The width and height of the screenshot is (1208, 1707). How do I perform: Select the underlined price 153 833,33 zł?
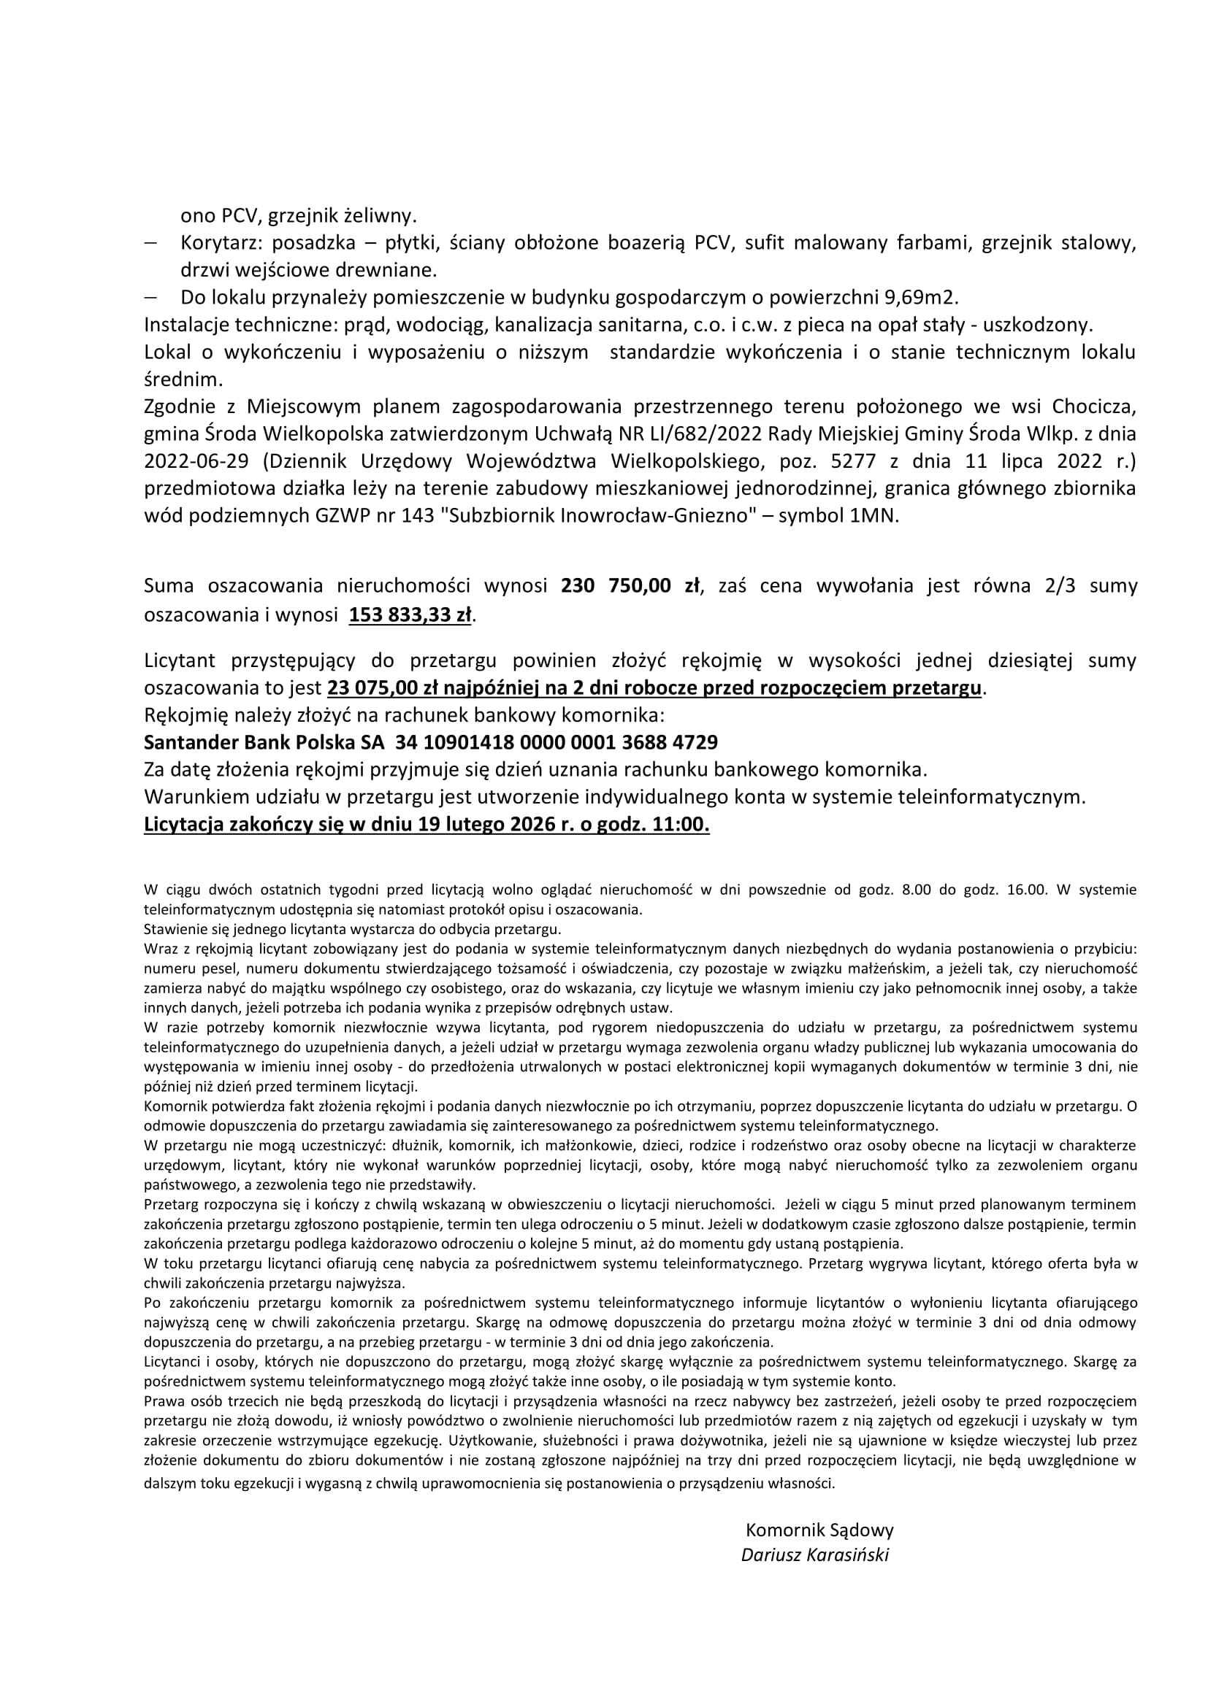coord(410,616)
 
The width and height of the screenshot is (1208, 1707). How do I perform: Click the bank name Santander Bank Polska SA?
coord(264,742)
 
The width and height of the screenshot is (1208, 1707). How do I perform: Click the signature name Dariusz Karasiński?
coord(814,1554)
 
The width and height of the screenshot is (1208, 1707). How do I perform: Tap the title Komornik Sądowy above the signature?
coord(819,1530)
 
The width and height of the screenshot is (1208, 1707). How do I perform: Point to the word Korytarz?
coord(218,243)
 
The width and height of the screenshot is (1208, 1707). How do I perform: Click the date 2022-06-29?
coord(196,461)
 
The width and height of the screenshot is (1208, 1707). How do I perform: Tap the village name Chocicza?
coord(1093,406)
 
